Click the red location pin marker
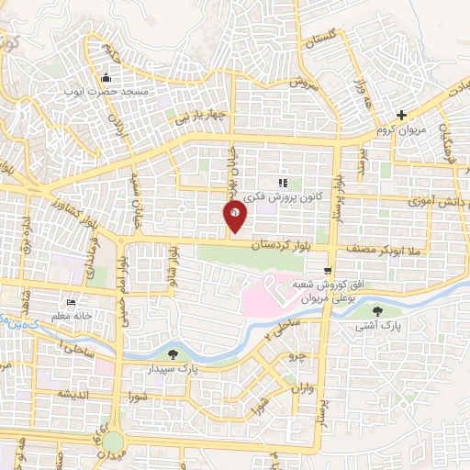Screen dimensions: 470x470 [x=236, y=214]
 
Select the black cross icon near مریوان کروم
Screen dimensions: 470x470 [x=401, y=115]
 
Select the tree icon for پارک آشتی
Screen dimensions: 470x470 [x=397, y=310]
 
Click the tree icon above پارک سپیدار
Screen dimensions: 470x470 [x=173, y=352]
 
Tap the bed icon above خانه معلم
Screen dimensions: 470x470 [x=71, y=302]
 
